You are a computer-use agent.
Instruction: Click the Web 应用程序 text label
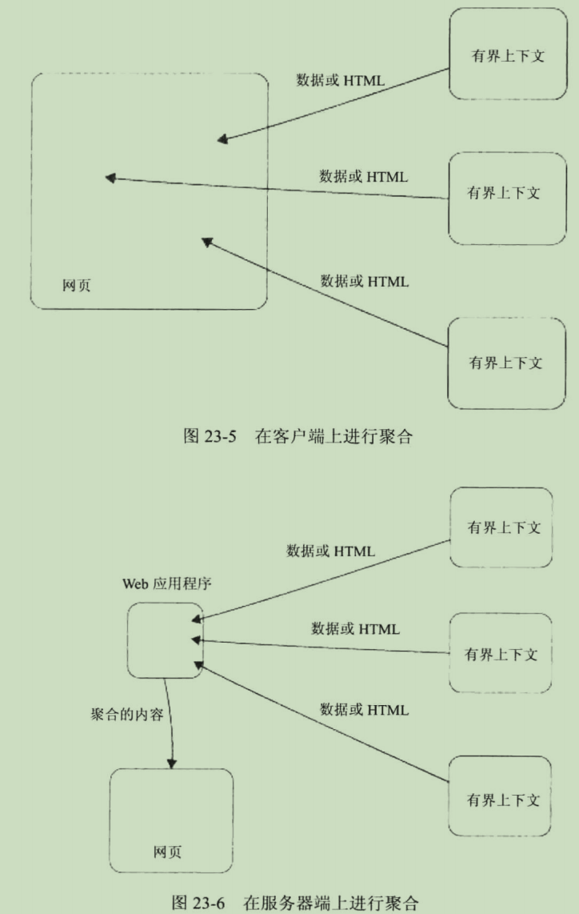(166, 583)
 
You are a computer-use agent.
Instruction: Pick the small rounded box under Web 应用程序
(165, 640)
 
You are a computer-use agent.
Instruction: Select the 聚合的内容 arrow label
(127, 715)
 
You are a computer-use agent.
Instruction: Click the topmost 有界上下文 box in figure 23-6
(501, 527)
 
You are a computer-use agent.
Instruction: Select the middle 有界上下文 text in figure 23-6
(501, 655)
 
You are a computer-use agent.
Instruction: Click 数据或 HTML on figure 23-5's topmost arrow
(341, 81)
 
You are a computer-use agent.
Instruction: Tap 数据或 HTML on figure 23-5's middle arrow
(364, 176)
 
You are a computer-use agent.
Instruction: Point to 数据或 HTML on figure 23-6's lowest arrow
(364, 709)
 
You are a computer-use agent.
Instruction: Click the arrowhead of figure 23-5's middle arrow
(110, 178)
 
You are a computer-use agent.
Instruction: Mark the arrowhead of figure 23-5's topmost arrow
(222, 140)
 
